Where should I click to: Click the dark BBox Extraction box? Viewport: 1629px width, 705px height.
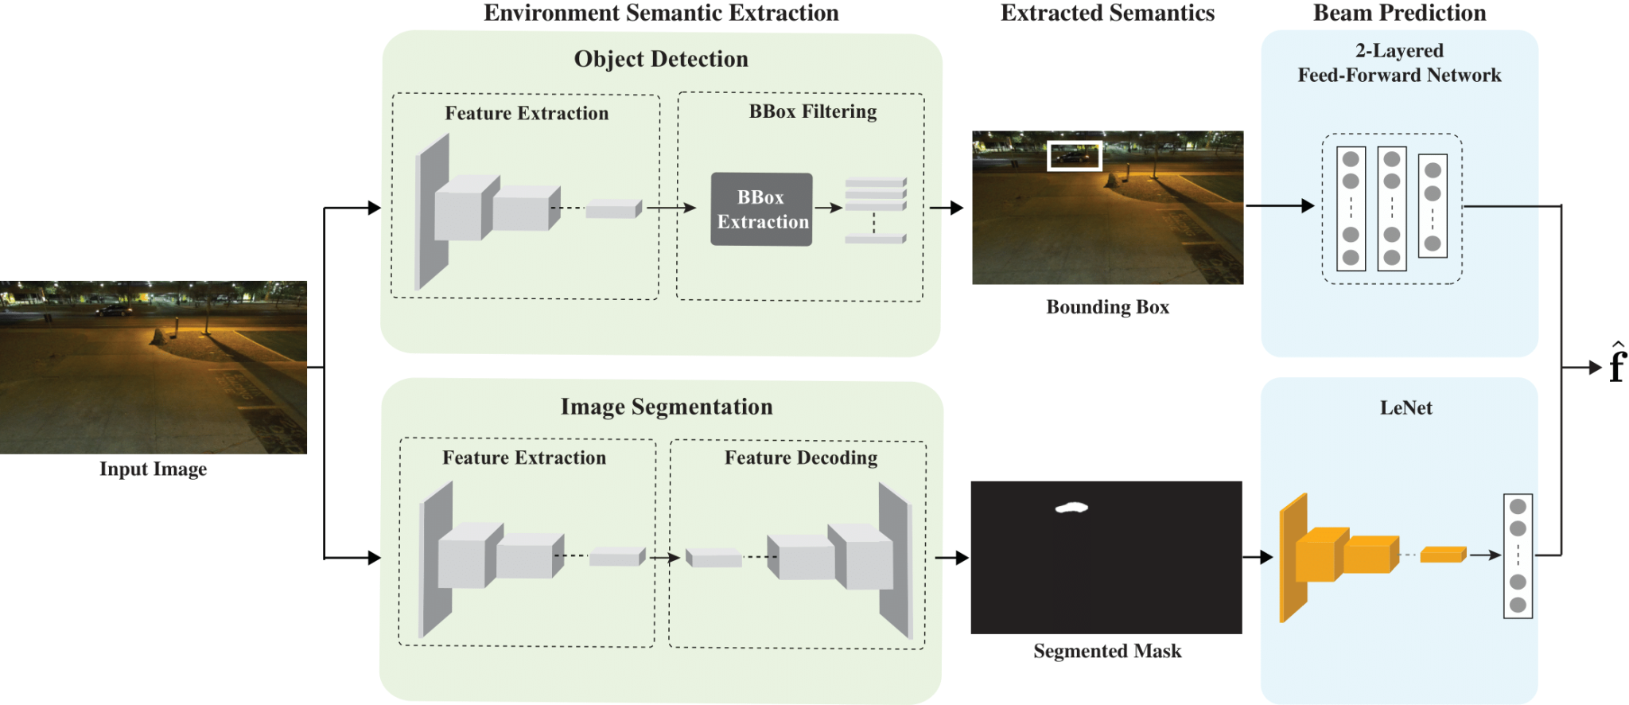(x=761, y=209)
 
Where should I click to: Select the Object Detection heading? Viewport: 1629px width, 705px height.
(x=661, y=59)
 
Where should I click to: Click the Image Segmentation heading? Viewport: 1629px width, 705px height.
(x=667, y=407)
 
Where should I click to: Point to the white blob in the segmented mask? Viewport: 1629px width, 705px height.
(x=1071, y=507)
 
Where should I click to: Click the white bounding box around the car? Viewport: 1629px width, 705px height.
(x=1074, y=156)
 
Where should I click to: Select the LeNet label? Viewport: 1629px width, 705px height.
(x=1405, y=408)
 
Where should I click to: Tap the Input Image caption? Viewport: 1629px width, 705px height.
(x=153, y=469)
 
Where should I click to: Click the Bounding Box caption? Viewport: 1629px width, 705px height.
(x=1107, y=307)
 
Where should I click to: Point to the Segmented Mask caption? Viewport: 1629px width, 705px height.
(x=1107, y=652)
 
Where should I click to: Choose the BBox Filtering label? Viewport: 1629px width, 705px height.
(x=813, y=111)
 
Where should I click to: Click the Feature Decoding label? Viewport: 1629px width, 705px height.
(x=801, y=458)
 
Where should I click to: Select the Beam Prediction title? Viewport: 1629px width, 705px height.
(x=1399, y=13)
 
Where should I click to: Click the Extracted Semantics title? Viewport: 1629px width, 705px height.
(x=1107, y=13)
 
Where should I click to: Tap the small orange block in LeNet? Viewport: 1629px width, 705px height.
(x=1443, y=555)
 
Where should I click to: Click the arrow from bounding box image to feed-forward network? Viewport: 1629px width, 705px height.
(x=1280, y=206)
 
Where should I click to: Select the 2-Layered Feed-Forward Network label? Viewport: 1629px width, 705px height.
(x=1399, y=63)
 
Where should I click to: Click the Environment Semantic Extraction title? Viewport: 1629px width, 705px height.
(x=661, y=13)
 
